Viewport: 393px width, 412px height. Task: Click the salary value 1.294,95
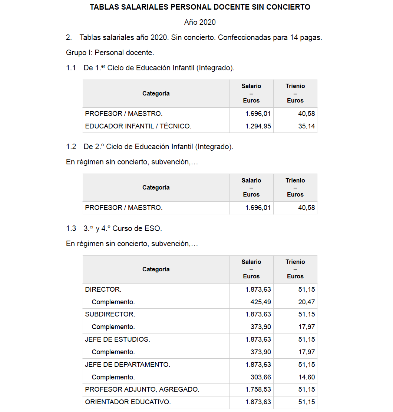click(x=258, y=126)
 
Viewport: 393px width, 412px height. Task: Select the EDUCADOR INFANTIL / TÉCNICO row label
click(x=138, y=126)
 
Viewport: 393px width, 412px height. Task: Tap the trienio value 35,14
click(x=307, y=126)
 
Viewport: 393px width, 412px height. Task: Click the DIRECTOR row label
click(x=103, y=289)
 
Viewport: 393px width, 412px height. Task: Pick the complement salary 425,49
click(x=261, y=302)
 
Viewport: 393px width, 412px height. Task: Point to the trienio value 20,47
click(x=307, y=302)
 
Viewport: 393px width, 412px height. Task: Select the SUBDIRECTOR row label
click(x=110, y=314)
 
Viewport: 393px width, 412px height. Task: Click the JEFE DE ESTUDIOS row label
click(x=118, y=339)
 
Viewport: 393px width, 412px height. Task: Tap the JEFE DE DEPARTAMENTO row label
click(x=128, y=365)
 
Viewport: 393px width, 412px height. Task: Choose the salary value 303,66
click(x=261, y=377)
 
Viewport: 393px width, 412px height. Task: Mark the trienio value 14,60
click(x=307, y=377)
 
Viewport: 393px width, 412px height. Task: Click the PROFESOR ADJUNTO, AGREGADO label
click(x=142, y=389)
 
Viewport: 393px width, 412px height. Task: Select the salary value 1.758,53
click(x=258, y=389)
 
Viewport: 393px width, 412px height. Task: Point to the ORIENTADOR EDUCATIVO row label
click(x=128, y=402)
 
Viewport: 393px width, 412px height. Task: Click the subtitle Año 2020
click(x=200, y=22)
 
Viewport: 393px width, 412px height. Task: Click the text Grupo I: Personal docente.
click(x=110, y=53)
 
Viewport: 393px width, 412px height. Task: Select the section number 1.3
click(x=71, y=228)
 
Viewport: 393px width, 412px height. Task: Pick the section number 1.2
click(x=71, y=147)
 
